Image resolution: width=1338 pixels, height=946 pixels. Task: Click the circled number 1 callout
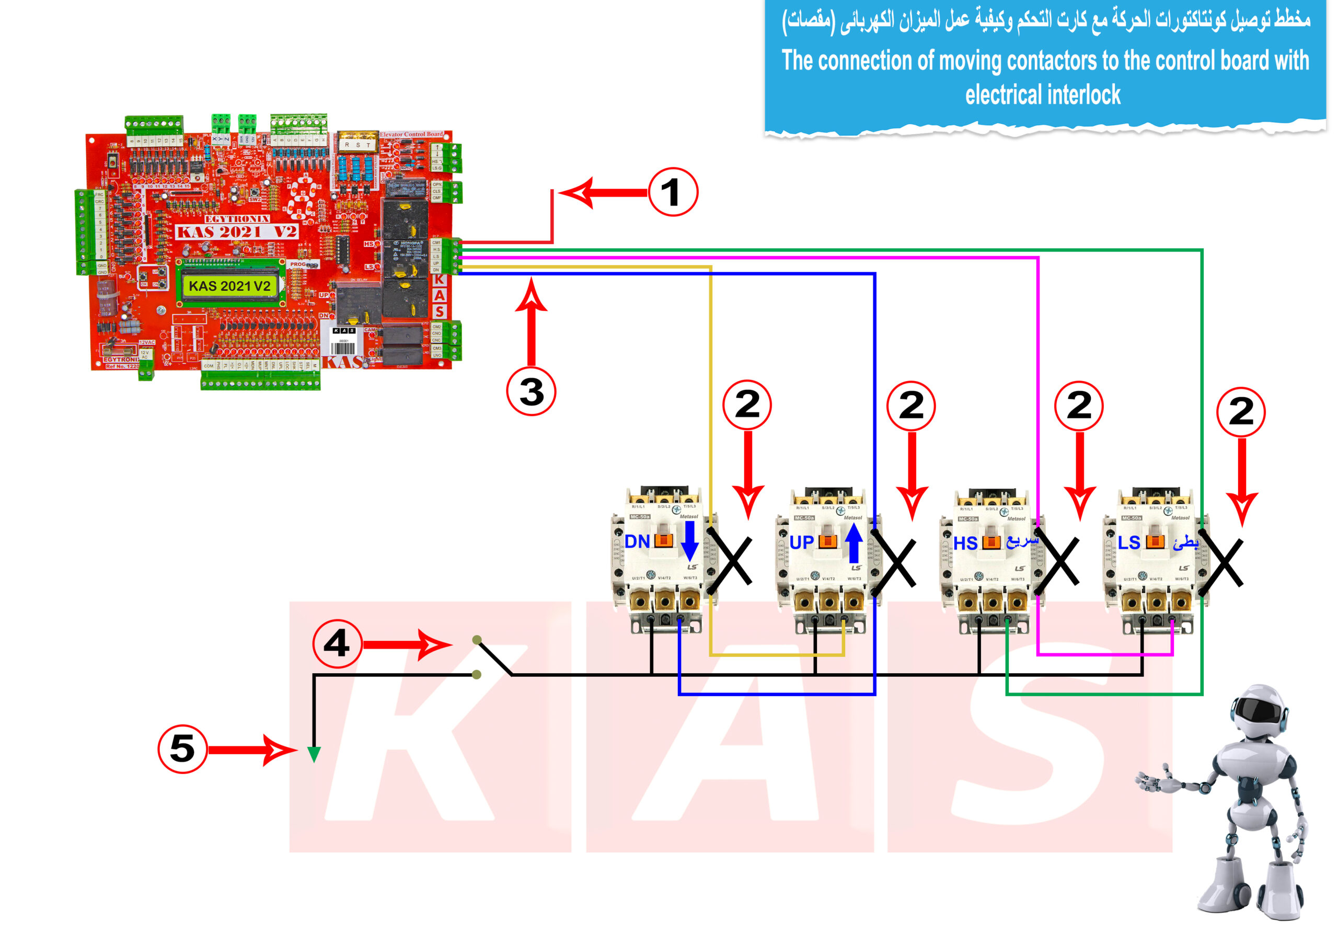pyautogui.click(x=673, y=192)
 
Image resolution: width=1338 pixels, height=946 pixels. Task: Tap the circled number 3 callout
pyautogui.click(x=531, y=391)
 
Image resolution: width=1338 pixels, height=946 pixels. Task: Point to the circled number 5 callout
pyautogui.click(x=182, y=748)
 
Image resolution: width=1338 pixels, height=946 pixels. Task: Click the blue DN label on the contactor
pyautogui.click(x=637, y=541)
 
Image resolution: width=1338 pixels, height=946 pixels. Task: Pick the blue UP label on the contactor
pyautogui.click(x=801, y=543)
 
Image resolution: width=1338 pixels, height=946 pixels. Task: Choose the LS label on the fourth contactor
pyautogui.click(x=1129, y=543)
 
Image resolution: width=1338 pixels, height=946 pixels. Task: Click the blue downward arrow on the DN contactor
pyautogui.click(x=690, y=540)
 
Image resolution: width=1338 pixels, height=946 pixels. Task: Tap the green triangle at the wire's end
pyautogui.click(x=314, y=755)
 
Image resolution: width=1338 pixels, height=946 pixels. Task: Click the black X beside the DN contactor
pyautogui.click(x=730, y=561)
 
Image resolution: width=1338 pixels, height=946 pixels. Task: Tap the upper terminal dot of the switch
pyautogui.click(x=477, y=640)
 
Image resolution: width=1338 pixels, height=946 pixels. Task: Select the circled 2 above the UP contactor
pyautogui.click(x=911, y=405)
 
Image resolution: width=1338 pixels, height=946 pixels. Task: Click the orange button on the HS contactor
pyautogui.click(x=991, y=542)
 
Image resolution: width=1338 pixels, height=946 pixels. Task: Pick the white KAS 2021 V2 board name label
pyautogui.click(x=237, y=232)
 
